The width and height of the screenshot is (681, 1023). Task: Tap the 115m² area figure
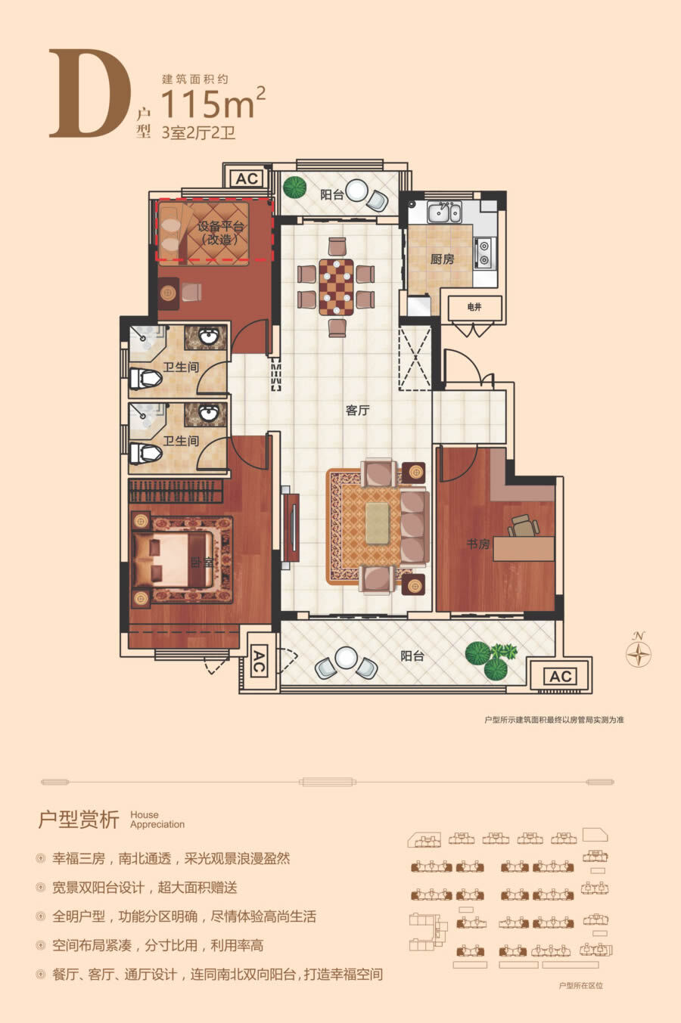pyautogui.click(x=213, y=103)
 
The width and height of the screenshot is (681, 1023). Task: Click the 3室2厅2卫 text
pyautogui.click(x=199, y=133)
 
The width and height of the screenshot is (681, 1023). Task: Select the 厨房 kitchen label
pyautogui.click(x=442, y=259)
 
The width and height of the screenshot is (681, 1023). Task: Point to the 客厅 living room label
pyautogui.click(x=357, y=410)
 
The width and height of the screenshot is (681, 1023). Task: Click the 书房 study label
pyautogui.click(x=478, y=544)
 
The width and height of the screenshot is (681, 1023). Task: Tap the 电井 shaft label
pyautogui.click(x=474, y=307)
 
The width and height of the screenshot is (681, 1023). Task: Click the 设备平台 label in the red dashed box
pyautogui.click(x=221, y=227)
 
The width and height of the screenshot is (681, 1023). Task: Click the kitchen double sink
pyautogui.click(x=443, y=212)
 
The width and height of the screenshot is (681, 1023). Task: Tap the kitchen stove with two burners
pyautogui.click(x=484, y=253)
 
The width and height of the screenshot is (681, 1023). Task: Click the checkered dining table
pyautogui.click(x=337, y=287)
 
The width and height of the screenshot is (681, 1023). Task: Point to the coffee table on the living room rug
pyautogui.click(x=378, y=523)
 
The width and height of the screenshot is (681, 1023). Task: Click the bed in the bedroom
pyautogui.click(x=173, y=560)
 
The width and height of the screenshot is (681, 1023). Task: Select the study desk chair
pyautogui.click(x=524, y=525)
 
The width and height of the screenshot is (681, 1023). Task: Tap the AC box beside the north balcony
pyautogui.click(x=247, y=178)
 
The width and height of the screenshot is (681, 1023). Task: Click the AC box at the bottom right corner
pyautogui.click(x=561, y=677)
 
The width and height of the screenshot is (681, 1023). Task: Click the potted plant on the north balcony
pyautogui.click(x=295, y=188)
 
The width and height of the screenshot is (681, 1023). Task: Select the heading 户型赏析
pyautogui.click(x=79, y=820)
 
